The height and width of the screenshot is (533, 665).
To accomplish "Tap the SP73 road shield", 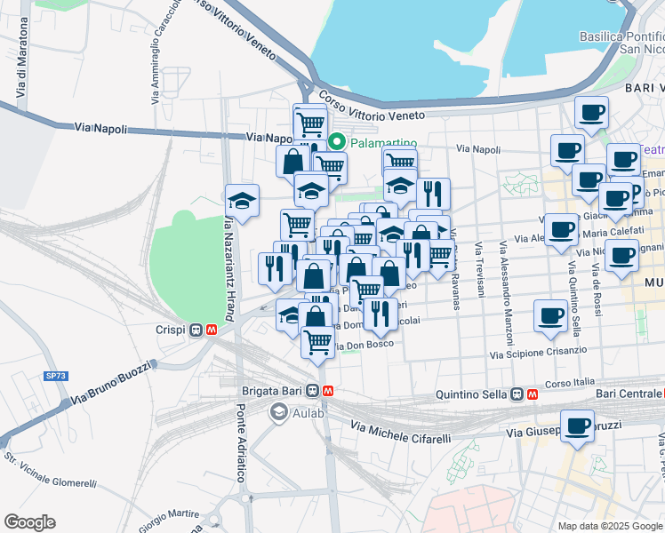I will click(55, 376).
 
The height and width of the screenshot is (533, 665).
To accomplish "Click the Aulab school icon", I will click(278, 411).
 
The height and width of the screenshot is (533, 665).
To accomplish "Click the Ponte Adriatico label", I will click(240, 443).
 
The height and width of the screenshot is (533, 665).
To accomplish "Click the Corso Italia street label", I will click(568, 383).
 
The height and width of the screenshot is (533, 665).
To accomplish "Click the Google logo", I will click(29, 522).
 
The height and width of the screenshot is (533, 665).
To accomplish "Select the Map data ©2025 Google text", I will click(609, 526).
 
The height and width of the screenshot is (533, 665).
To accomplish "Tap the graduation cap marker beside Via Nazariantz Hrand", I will click(241, 199).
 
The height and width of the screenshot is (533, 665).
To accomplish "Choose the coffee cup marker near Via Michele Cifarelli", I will click(577, 426).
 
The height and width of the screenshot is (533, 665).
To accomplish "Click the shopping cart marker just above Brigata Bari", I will click(317, 341).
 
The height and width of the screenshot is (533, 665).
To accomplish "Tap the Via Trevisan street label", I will click(479, 276).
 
